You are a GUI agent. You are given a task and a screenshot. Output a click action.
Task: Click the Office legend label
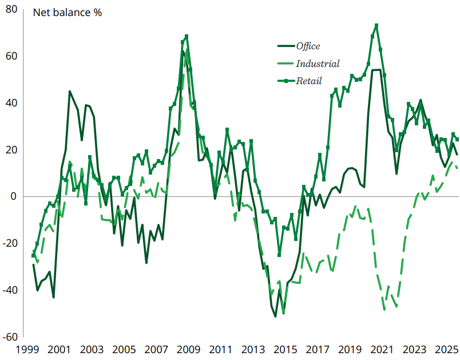coord(308,46)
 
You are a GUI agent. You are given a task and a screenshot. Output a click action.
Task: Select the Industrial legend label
coord(318,64)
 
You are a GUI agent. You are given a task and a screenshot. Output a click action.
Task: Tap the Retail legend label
coord(308,81)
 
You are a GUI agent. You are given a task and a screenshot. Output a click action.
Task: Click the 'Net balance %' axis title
coord(68,13)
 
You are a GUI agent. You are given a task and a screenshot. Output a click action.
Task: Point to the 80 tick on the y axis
coord(12,10)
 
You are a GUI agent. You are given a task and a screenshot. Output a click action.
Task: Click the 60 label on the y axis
coord(12,57)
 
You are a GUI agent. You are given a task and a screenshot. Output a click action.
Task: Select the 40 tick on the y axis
coord(12,104)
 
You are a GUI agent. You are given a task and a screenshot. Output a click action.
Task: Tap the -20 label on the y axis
coord(10,244)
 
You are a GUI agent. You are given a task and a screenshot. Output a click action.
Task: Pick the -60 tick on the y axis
coord(10,337)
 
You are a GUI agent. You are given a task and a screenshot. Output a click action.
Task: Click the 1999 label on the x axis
coord(27,350)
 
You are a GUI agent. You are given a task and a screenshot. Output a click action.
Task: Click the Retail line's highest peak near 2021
coord(376,26)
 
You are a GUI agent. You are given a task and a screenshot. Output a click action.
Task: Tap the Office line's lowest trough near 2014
coord(275,316)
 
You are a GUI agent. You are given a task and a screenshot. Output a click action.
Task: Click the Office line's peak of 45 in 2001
coord(70,92)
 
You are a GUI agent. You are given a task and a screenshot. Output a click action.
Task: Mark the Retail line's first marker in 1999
coord(33,255)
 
